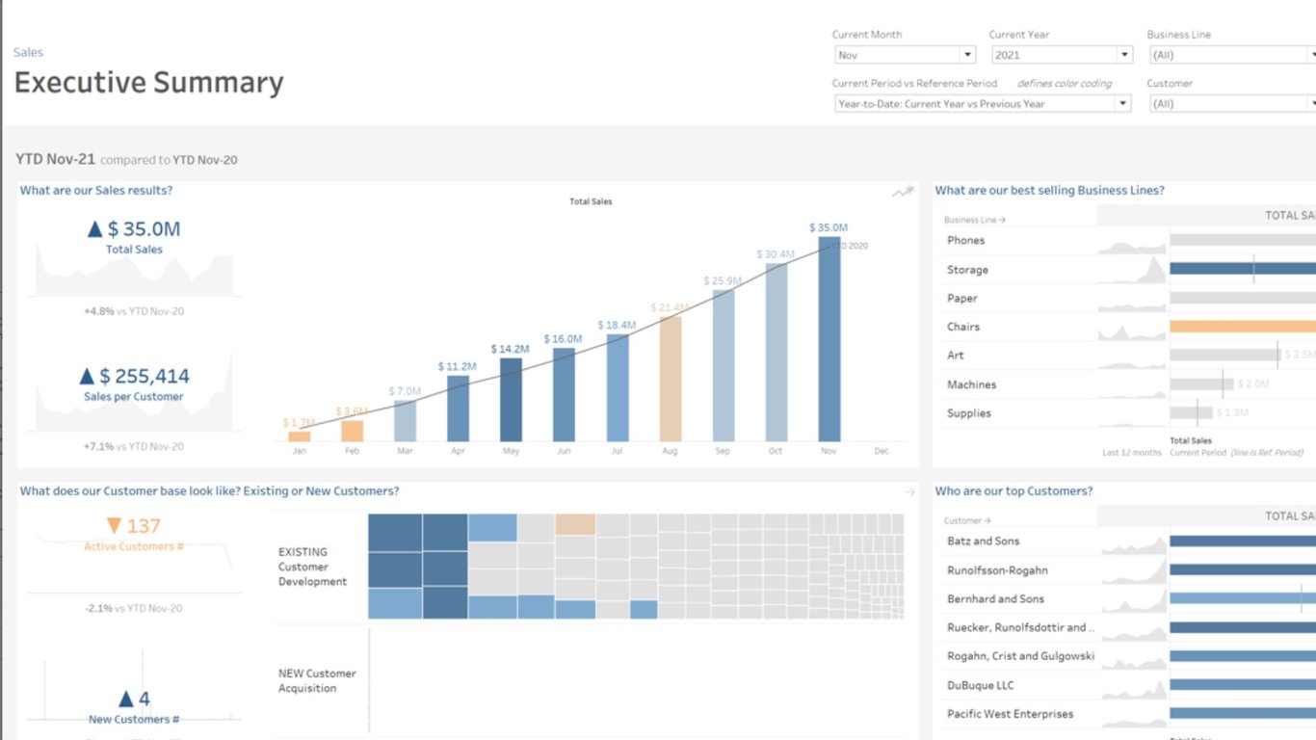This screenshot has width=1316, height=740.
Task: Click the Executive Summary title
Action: tap(148, 83)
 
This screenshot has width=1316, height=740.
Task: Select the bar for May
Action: tap(511, 400)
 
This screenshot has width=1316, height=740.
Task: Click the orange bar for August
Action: tap(671, 379)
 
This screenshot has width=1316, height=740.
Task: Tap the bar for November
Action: tap(829, 339)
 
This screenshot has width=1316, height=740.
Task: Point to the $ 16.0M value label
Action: tap(563, 339)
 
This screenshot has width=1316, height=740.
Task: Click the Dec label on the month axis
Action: tap(881, 451)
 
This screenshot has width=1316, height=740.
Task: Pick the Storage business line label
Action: tap(967, 270)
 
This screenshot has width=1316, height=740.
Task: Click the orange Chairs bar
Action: tap(1243, 327)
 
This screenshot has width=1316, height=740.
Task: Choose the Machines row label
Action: tap(971, 384)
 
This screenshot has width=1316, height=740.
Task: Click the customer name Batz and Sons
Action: tap(983, 542)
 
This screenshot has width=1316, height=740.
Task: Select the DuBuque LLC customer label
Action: tap(981, 685)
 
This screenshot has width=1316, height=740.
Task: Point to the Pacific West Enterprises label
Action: tap(1010, 714)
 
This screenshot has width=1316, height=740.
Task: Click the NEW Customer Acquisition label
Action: tap(317, 681)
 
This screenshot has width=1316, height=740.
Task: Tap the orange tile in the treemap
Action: tap(575, 525)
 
